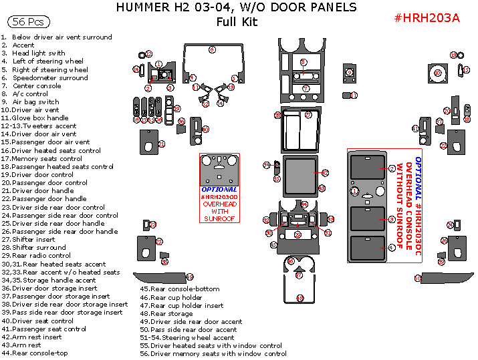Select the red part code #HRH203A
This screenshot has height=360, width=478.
point(427,18)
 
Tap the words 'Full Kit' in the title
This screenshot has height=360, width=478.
point(236,21)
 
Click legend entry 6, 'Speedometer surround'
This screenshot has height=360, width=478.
point(49,77)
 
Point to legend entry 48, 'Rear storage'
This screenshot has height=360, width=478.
point(171,313)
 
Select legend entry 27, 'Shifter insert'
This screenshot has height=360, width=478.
point(37,239)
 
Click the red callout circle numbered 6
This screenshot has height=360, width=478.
point(212,49)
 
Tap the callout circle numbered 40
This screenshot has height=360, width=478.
point(205,129)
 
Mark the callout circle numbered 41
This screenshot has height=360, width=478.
point(415,129)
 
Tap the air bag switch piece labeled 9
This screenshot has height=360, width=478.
point(349,73)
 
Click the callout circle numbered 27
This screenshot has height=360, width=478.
point(309,115)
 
